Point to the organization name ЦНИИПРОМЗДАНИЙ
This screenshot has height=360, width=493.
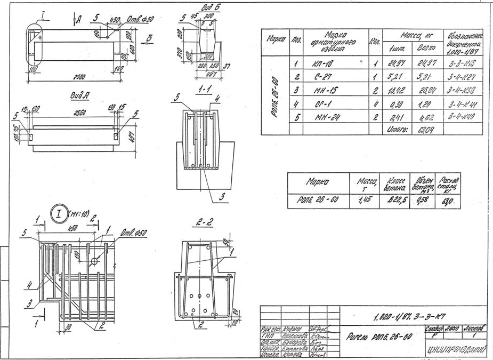(x=456, y=350)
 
